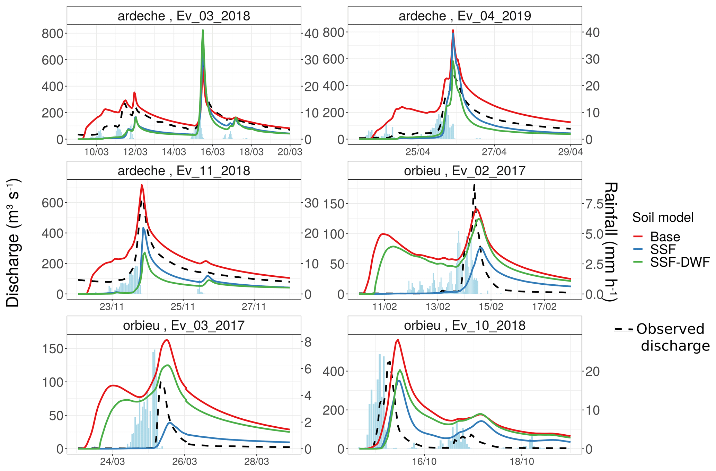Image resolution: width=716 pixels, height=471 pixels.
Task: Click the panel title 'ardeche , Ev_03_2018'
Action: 184,16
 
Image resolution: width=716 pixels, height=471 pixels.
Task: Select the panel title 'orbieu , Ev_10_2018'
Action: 465,326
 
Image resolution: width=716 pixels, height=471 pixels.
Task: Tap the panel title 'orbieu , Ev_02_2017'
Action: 465,171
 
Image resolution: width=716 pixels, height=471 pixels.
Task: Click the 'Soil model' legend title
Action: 663,217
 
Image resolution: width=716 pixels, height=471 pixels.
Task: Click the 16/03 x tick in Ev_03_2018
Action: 212,152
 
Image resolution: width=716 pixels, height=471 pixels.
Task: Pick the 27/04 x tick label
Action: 494,152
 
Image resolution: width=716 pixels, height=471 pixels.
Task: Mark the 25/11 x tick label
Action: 183,307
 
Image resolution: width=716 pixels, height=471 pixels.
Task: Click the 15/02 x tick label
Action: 491,307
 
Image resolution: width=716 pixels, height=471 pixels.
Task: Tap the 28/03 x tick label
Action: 256,462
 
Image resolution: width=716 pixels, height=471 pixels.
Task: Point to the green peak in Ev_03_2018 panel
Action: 203,30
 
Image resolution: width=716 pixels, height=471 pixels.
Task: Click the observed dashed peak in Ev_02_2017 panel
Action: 474,185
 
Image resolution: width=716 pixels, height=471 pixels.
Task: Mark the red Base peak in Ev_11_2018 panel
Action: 142,185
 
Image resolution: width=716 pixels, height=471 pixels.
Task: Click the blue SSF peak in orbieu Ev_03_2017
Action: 170,423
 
